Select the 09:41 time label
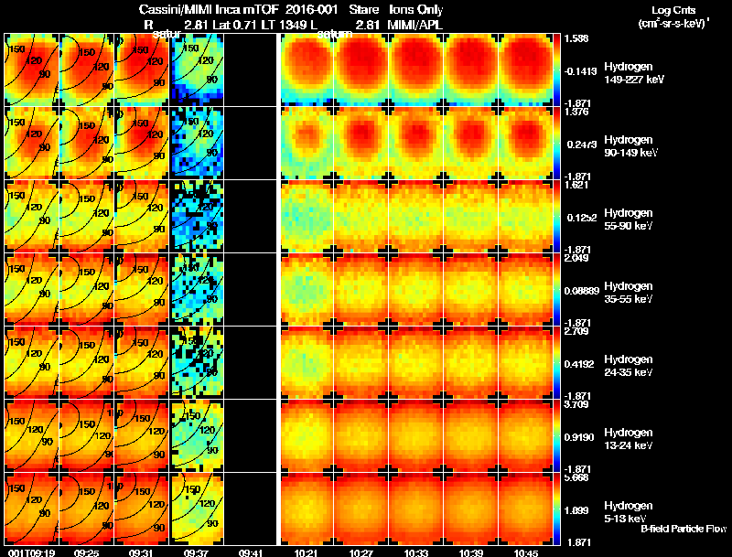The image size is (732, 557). pos(250,552)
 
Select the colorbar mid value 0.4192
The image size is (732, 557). pos(578,363)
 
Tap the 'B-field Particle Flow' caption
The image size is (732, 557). pos(683,529)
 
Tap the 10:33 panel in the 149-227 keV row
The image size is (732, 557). pos(416,70)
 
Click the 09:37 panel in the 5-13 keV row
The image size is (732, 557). pos(197,509)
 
